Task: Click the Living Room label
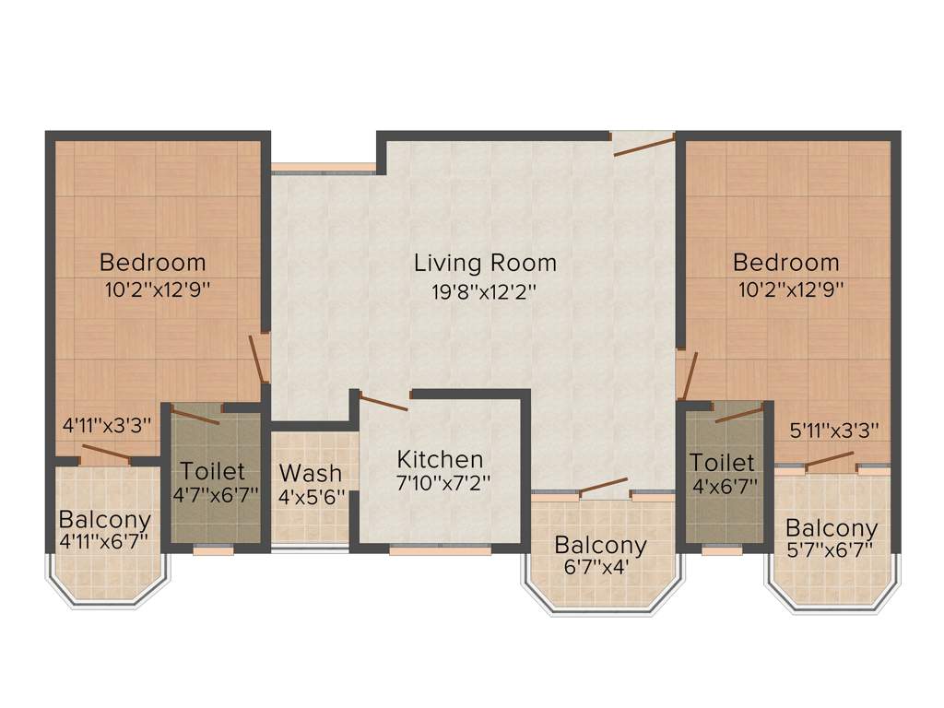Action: coord(485,263)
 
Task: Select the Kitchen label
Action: coord(440,459)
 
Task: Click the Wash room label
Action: coord(310,473)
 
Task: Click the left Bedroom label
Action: coord(153,262)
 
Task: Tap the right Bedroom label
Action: coord(785,263)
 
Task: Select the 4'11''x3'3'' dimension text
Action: coord(107,426)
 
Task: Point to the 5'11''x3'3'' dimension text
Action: coord(834,430)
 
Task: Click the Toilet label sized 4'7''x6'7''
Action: coord(213,471)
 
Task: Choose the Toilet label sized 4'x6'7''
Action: coord(722,462)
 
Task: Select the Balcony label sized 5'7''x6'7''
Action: coord(831,528)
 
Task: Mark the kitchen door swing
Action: coord(383,402)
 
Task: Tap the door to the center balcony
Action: coord(603,487)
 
